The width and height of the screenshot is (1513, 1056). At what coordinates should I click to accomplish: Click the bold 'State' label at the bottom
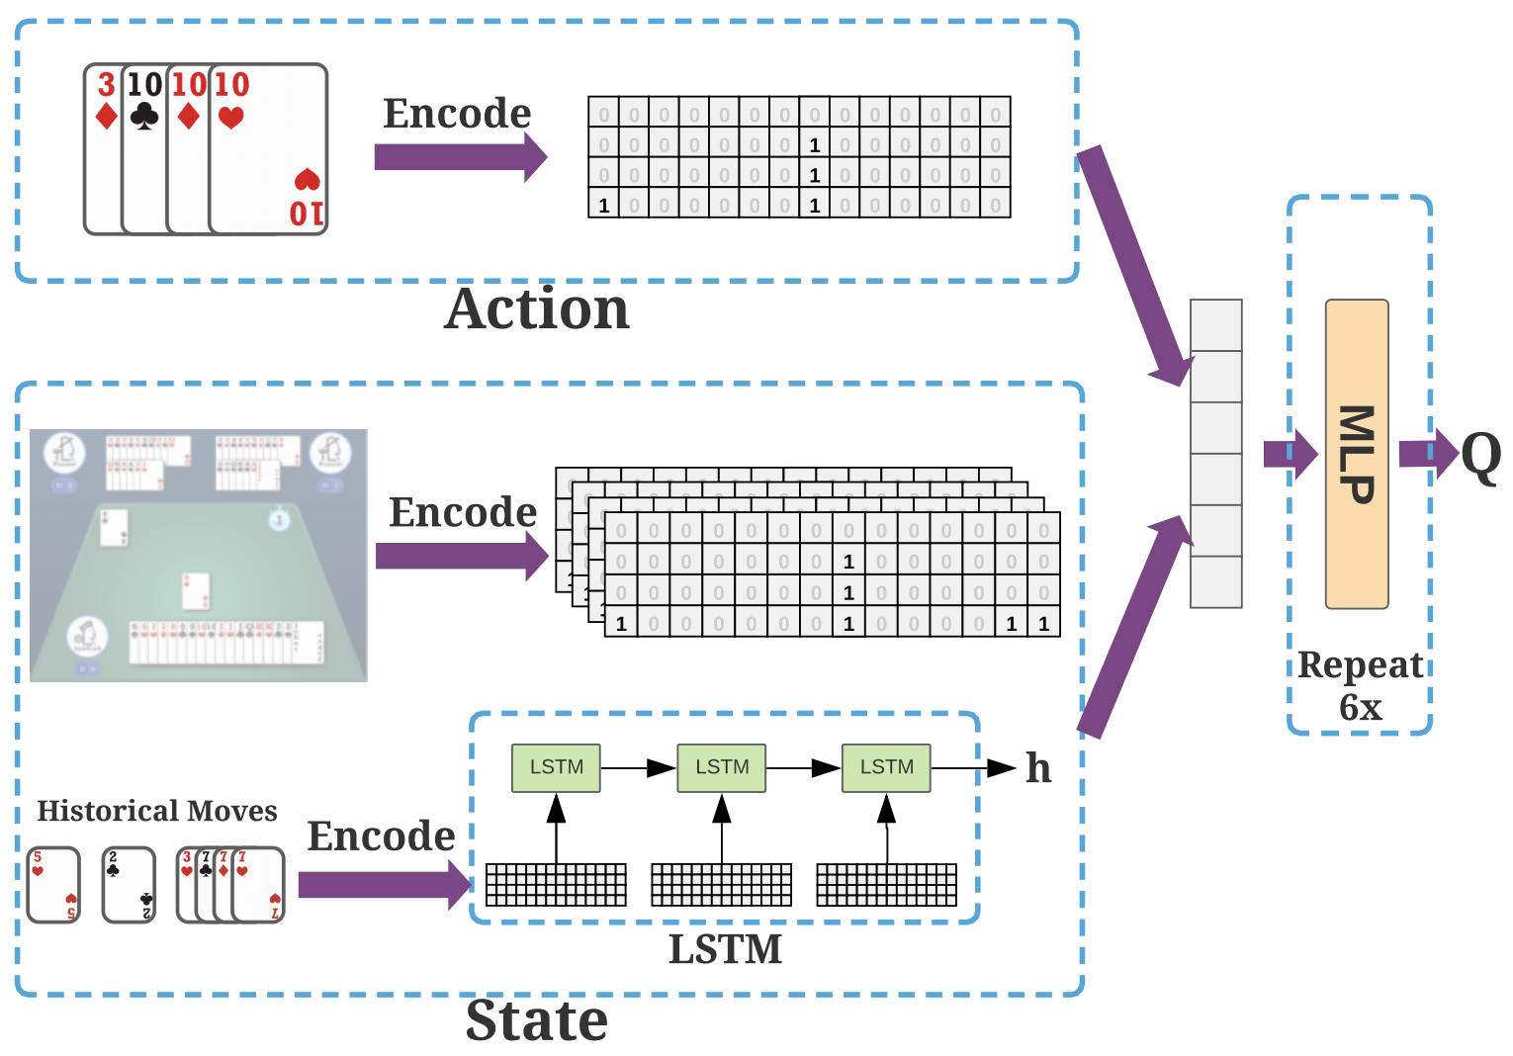[x=537, y=1020]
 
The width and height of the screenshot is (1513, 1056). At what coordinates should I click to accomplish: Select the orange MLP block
[x=1357, y=454]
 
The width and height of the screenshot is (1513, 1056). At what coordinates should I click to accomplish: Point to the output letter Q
[x=1480, y=457]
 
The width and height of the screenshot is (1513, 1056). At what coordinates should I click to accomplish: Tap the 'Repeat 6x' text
[x=1361, y=685]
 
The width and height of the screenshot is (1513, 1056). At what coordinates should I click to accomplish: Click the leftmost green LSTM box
[x=556, y=767]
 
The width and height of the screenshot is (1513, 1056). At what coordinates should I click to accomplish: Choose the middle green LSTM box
[x=722, y=767]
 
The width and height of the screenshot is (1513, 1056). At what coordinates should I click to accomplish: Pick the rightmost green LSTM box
[x=886, y=767]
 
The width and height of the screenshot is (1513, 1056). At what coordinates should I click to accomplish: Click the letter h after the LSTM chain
[x=1038, y=767]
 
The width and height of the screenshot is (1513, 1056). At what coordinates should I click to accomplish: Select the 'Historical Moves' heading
[x=157, y=811]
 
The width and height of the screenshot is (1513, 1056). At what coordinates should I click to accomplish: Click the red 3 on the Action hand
[x=106, y=85]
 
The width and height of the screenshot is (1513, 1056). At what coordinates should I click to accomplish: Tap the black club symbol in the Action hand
[x=144, y=117]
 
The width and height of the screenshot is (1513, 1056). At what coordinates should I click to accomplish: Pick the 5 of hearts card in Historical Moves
[x=53, y=885]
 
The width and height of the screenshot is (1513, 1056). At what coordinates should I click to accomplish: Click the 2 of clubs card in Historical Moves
[x=130, y=885]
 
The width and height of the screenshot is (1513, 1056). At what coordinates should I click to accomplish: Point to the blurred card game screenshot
[x=199, y=555]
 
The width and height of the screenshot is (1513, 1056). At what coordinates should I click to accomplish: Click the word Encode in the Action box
[x=457, y=114]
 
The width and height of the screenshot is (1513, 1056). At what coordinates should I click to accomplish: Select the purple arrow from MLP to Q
[x=1428, y=454]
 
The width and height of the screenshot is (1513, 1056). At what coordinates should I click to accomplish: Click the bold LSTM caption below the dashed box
[x=725, y=949]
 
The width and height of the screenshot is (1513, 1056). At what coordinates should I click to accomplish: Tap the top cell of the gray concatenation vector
[x=1215, y=325]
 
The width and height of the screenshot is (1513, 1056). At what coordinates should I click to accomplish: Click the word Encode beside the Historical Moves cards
[x=381, y=836]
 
